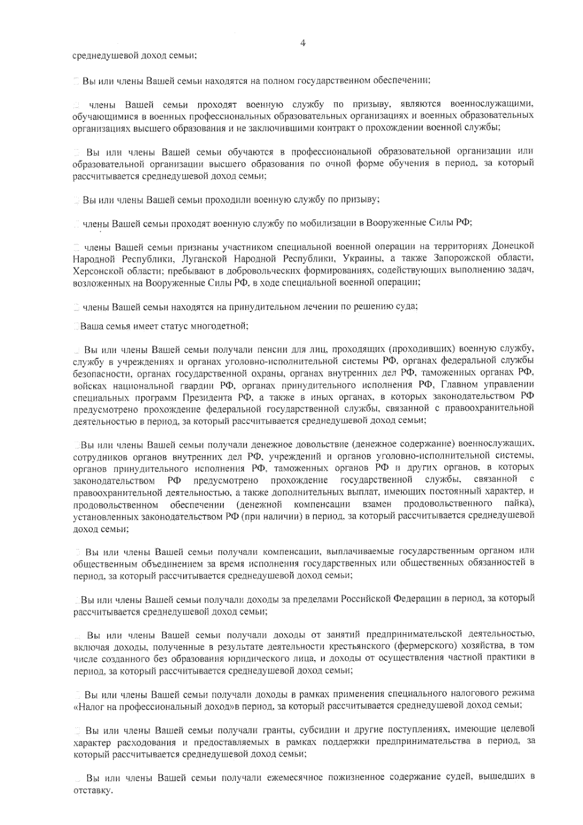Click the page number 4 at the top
point(303,43)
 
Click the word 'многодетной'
point(223,327)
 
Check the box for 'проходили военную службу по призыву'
point(77,200)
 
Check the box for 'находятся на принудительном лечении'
point(77,307)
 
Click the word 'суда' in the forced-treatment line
point(407,307)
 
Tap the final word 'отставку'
point(91,791)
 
